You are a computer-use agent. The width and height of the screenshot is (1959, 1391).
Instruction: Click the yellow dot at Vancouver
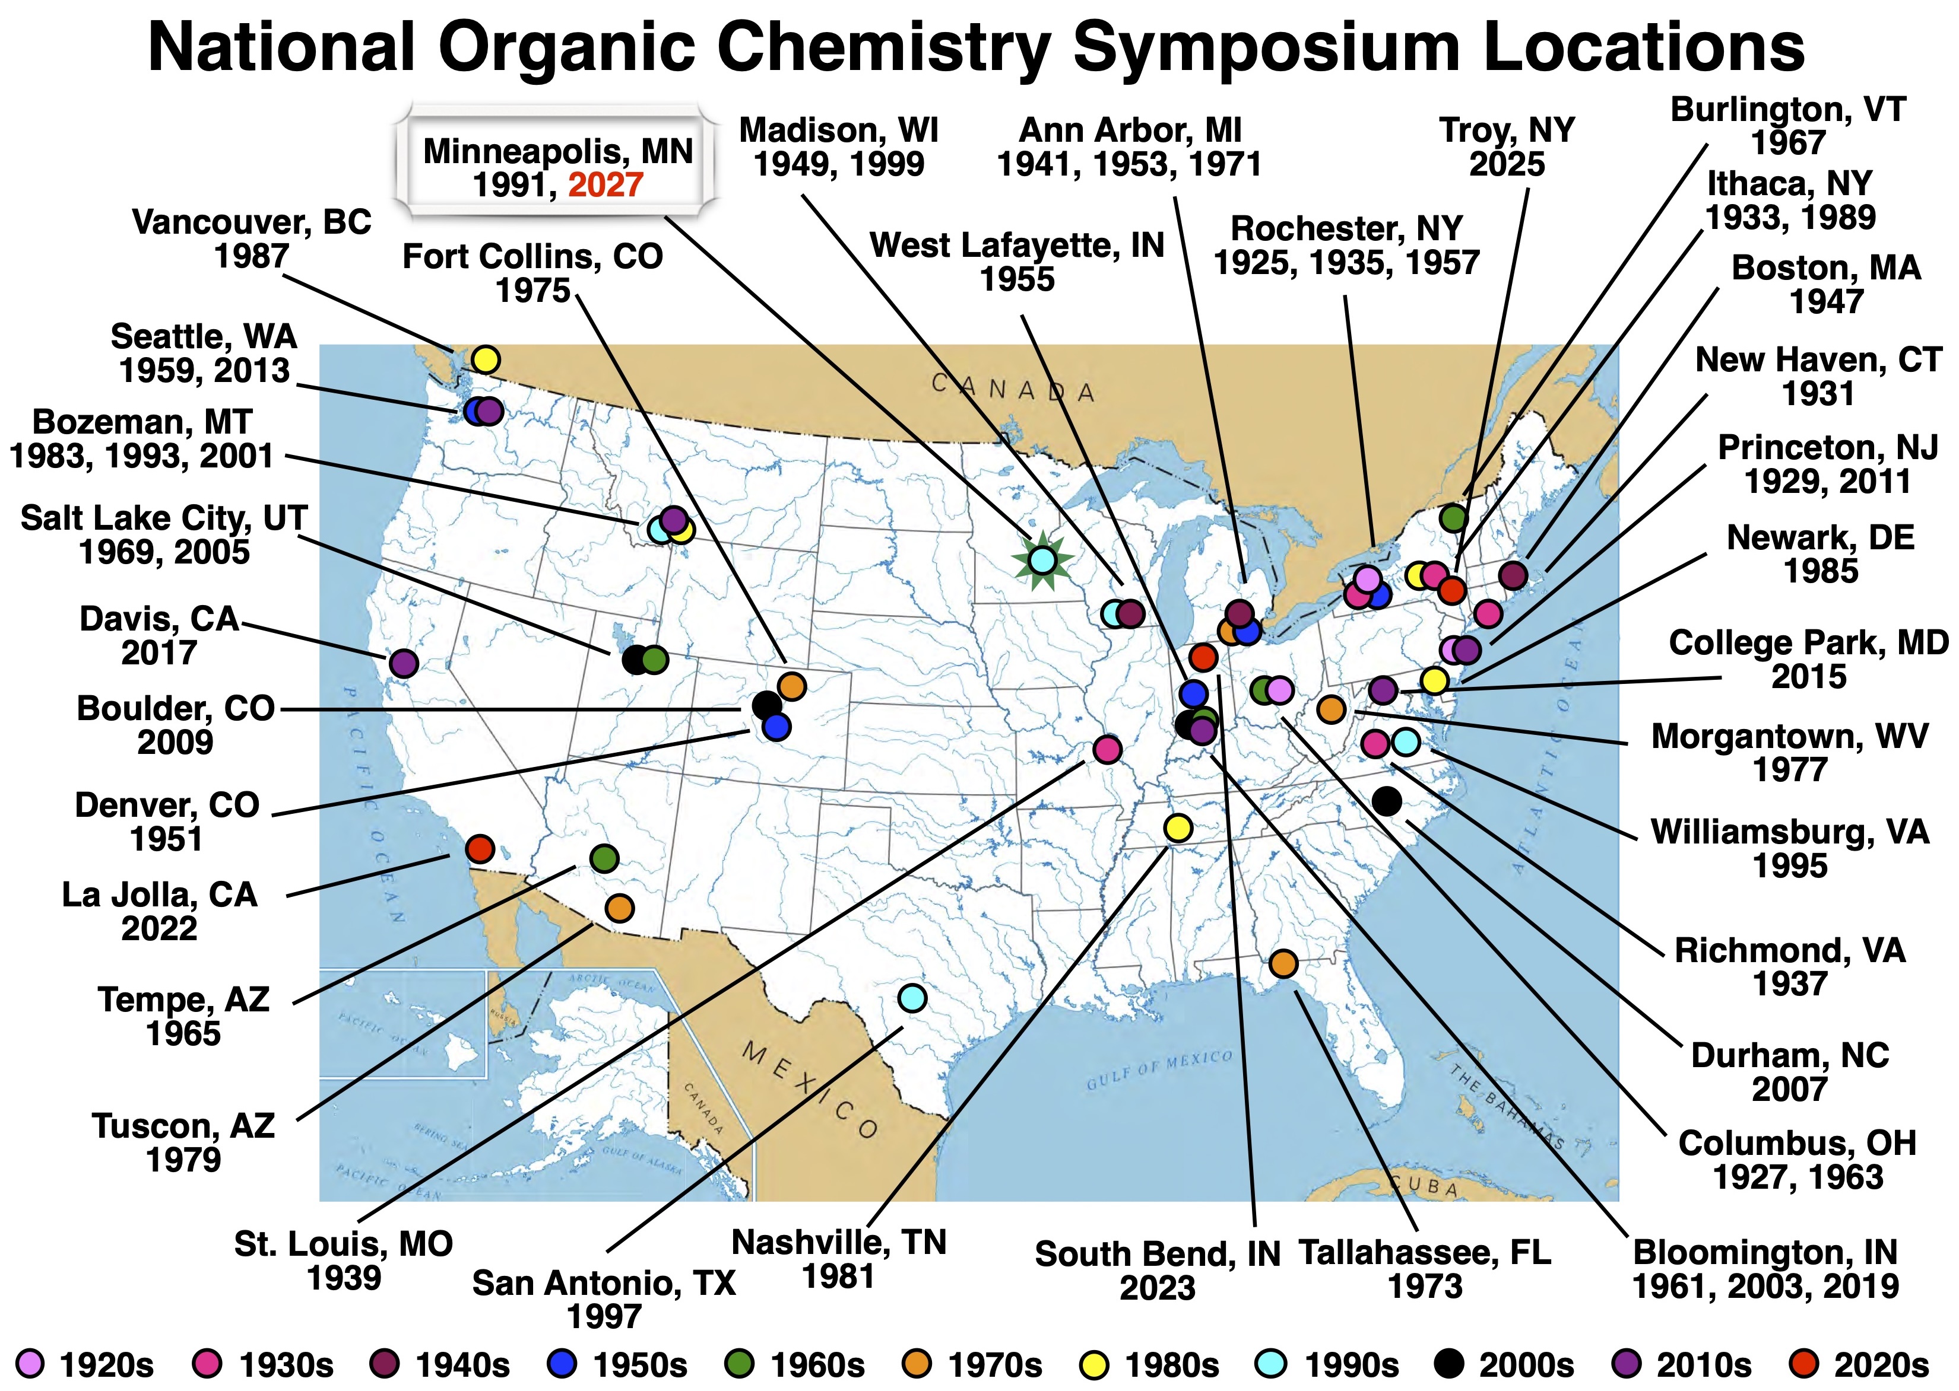click(485, 359)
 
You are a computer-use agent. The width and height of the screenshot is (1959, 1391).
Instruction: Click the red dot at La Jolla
click(480, 849)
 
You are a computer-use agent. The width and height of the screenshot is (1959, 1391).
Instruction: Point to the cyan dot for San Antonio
click(912, 998)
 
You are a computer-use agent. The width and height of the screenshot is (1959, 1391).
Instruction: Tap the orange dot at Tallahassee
click(1282, 963)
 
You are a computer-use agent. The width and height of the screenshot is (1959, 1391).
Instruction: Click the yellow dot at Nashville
click(1178, 827)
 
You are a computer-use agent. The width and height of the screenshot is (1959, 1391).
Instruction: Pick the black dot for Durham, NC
click(1387, 801)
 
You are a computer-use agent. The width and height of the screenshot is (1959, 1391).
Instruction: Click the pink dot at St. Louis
click(1107, 749)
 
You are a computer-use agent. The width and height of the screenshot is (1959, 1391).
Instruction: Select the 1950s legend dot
click(560, 1363)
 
